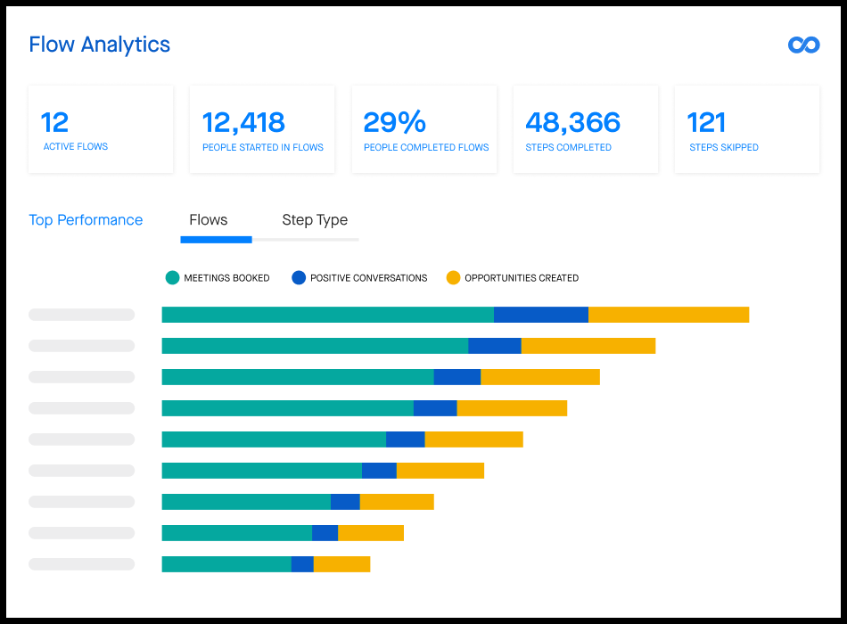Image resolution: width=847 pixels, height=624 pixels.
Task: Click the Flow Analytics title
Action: pos(99,45)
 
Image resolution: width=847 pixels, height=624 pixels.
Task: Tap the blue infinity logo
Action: pos(803,45)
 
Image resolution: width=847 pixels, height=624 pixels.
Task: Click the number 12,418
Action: pos(243,122)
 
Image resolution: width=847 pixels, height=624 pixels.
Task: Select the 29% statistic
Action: pos(394,122)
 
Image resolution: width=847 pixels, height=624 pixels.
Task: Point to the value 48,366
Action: pos(572,122)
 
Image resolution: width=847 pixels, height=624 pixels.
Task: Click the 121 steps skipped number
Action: pos(706,122)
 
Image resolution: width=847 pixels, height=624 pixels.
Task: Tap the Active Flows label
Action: pos(76,147)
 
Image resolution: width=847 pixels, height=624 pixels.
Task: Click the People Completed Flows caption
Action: pos(426,147)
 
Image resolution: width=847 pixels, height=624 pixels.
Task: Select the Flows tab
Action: pos(209,220)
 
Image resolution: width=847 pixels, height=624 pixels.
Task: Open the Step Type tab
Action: pos(315,220)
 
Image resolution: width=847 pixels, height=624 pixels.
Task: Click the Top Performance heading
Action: pos(86,220)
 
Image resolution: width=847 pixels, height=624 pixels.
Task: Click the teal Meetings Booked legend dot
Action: pos(173,278)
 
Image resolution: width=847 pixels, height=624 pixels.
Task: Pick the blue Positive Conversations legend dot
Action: pos(299,278)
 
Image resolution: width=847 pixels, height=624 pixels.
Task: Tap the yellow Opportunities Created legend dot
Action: pos(453,278)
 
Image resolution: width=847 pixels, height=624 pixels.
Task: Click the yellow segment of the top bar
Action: pos(669,315)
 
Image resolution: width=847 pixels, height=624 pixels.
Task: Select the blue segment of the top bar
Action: pos(541,315)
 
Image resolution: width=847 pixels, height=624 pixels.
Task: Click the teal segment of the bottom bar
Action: pos(226,564)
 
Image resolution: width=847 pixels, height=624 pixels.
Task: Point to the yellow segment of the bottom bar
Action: pos(341,564)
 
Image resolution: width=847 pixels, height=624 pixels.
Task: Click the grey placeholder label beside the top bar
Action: pos(81,315)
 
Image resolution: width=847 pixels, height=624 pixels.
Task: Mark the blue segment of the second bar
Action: pos(495,346)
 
